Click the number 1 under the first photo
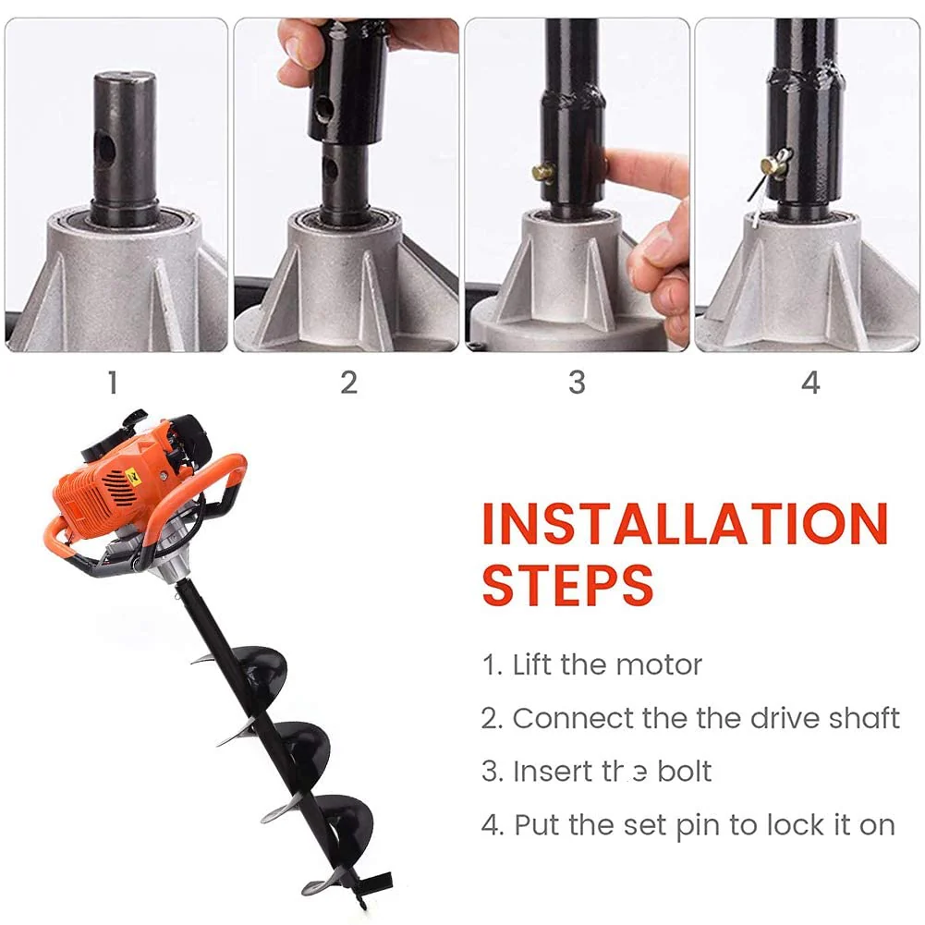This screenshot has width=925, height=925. [113, 382]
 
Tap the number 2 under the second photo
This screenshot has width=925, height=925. [348, 382]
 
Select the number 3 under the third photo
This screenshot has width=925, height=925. [577, 382]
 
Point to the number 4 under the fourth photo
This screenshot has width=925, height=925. [810, 382]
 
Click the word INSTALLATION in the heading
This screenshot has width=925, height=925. [684, 525]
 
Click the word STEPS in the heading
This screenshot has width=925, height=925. [567, 584]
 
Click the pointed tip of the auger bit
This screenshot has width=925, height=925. [361, 901]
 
